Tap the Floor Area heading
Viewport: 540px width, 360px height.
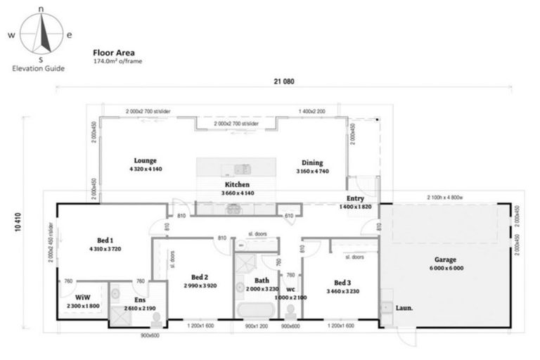(109, 52)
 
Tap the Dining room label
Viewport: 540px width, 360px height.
(312, 162)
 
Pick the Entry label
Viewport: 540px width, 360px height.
(355, 199)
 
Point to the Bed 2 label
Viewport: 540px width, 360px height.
(200, 276)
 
